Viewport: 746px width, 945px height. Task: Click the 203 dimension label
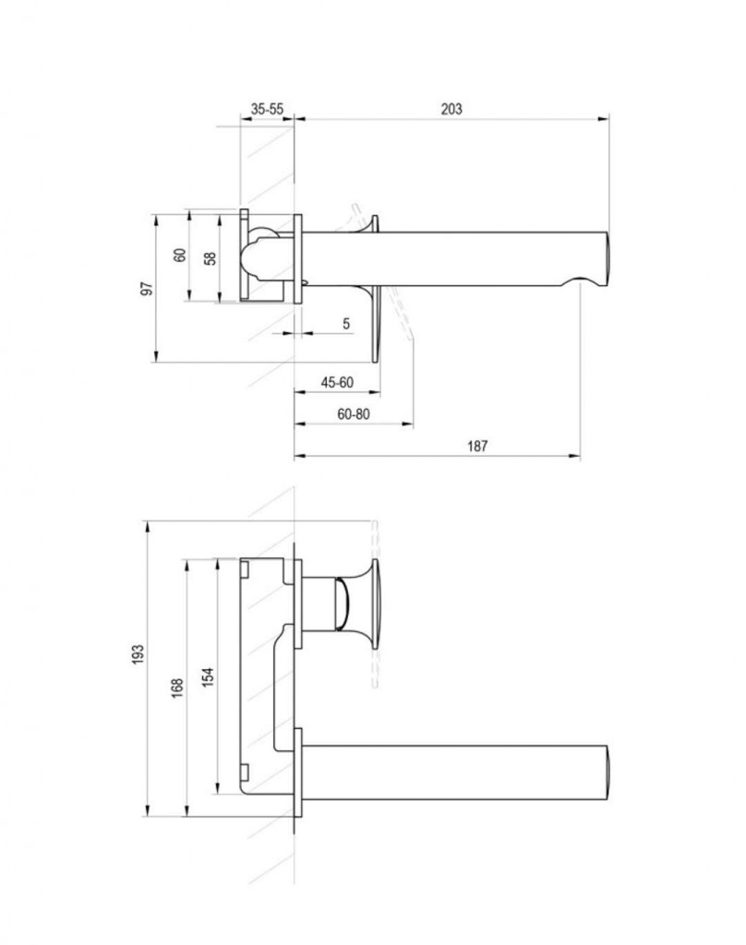[x=451, y=109]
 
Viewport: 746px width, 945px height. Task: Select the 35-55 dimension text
[x=267, y=109]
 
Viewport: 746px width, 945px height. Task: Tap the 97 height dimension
[x=147, y=289]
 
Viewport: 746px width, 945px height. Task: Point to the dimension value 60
[x=180, y=255]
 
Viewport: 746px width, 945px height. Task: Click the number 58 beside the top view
[x=210, y=258]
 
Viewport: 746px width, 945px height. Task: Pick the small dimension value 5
[x=346, y=324]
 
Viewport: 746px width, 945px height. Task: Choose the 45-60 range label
[x=337, y=383]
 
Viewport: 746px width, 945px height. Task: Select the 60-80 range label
[x=354, y=414]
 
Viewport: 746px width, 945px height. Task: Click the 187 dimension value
[x=477, y=446]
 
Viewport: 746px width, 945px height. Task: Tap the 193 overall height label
[x=138, y=654]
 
